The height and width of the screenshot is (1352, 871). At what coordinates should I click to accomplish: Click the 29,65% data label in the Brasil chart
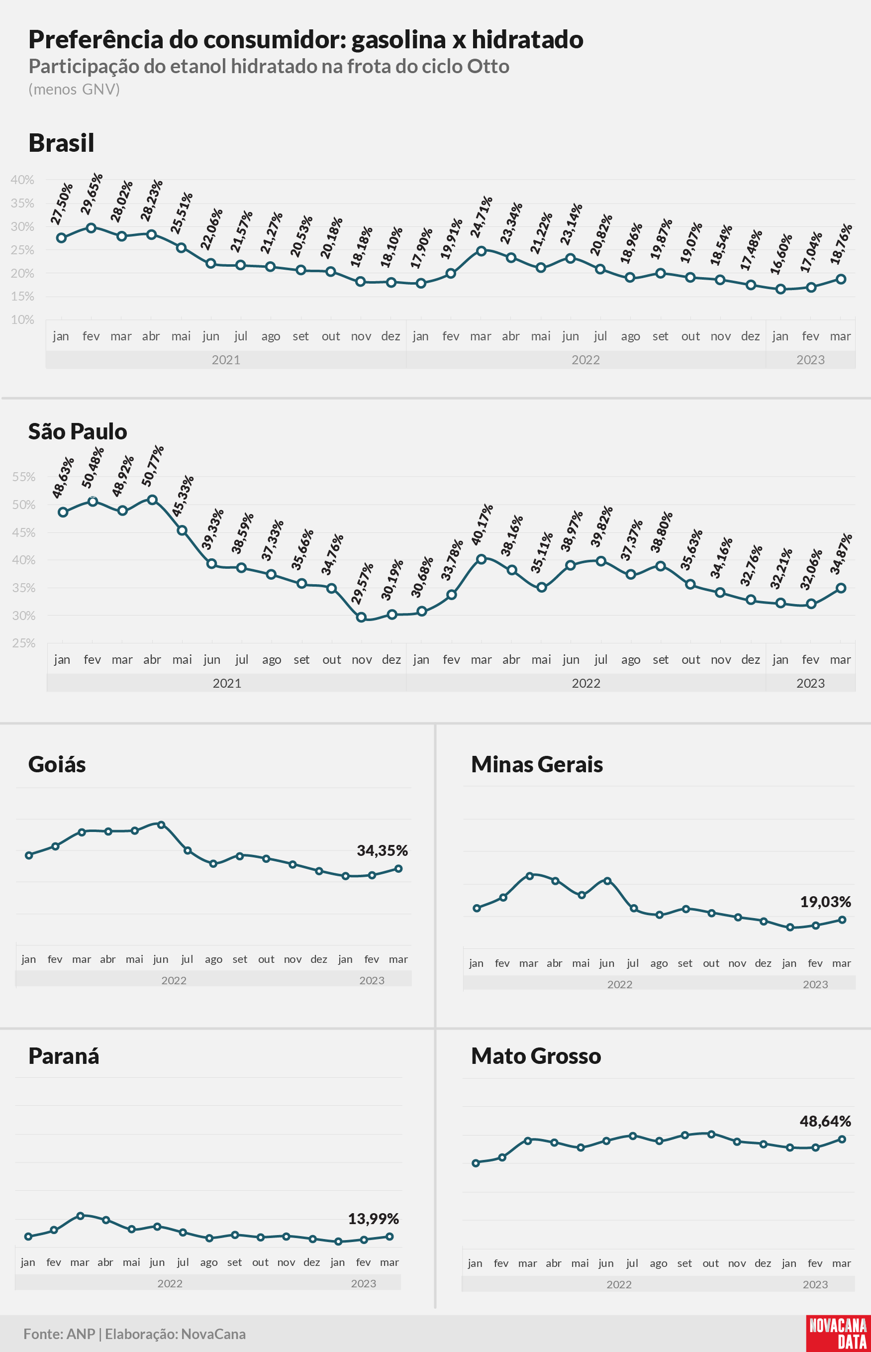point(92,194)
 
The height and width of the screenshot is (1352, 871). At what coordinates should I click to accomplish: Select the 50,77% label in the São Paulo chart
point(152,466)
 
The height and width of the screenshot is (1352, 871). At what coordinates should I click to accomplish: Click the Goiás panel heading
point(57,764)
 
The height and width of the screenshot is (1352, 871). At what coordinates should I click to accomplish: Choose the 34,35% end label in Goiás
point(383,850)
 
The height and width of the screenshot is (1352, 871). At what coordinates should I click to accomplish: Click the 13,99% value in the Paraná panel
point(373,1219)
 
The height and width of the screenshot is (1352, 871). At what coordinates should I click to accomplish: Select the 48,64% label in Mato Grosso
point(826,1121)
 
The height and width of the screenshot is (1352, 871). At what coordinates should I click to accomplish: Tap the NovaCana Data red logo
point(838,1333)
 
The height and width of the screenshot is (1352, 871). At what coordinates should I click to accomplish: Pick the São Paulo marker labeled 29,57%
point(362,617)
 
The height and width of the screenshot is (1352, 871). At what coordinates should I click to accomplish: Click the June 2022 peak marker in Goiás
point(161,825)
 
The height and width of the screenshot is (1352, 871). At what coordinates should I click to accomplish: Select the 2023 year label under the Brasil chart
point(810,360)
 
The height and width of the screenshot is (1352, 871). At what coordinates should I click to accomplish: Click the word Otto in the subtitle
point(488,66)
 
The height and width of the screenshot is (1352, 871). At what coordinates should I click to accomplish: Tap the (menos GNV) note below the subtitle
point(74,90)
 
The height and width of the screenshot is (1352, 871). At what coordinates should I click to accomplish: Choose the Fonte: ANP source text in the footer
point(59,1334)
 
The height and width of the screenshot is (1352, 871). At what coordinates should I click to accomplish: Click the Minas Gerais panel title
point(537,764)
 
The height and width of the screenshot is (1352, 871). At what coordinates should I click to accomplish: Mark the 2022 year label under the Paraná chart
point(170,1283)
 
